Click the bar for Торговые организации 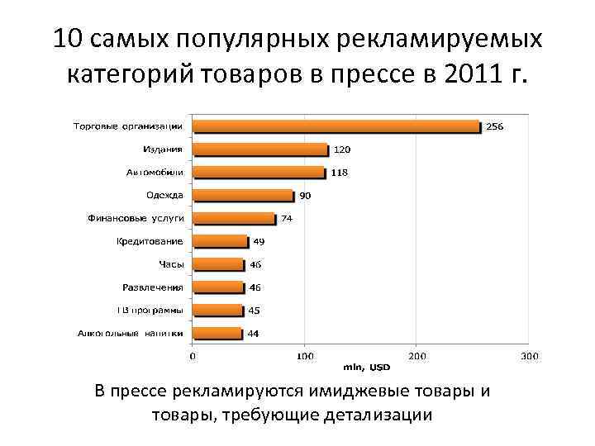[336, 126]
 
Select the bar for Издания [260, 149]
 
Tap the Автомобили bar [259, 173]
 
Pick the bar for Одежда [244, 196]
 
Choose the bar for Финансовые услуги [235, 219]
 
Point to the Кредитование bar [221, 241]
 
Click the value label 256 [495, 126]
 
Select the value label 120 [341, 149]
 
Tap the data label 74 [287, 219]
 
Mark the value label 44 [254, 334]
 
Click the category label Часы [171, 264]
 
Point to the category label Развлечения [152, 287]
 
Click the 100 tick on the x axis [305, 356]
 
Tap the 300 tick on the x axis [529, 356]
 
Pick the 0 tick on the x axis [193, 356]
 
